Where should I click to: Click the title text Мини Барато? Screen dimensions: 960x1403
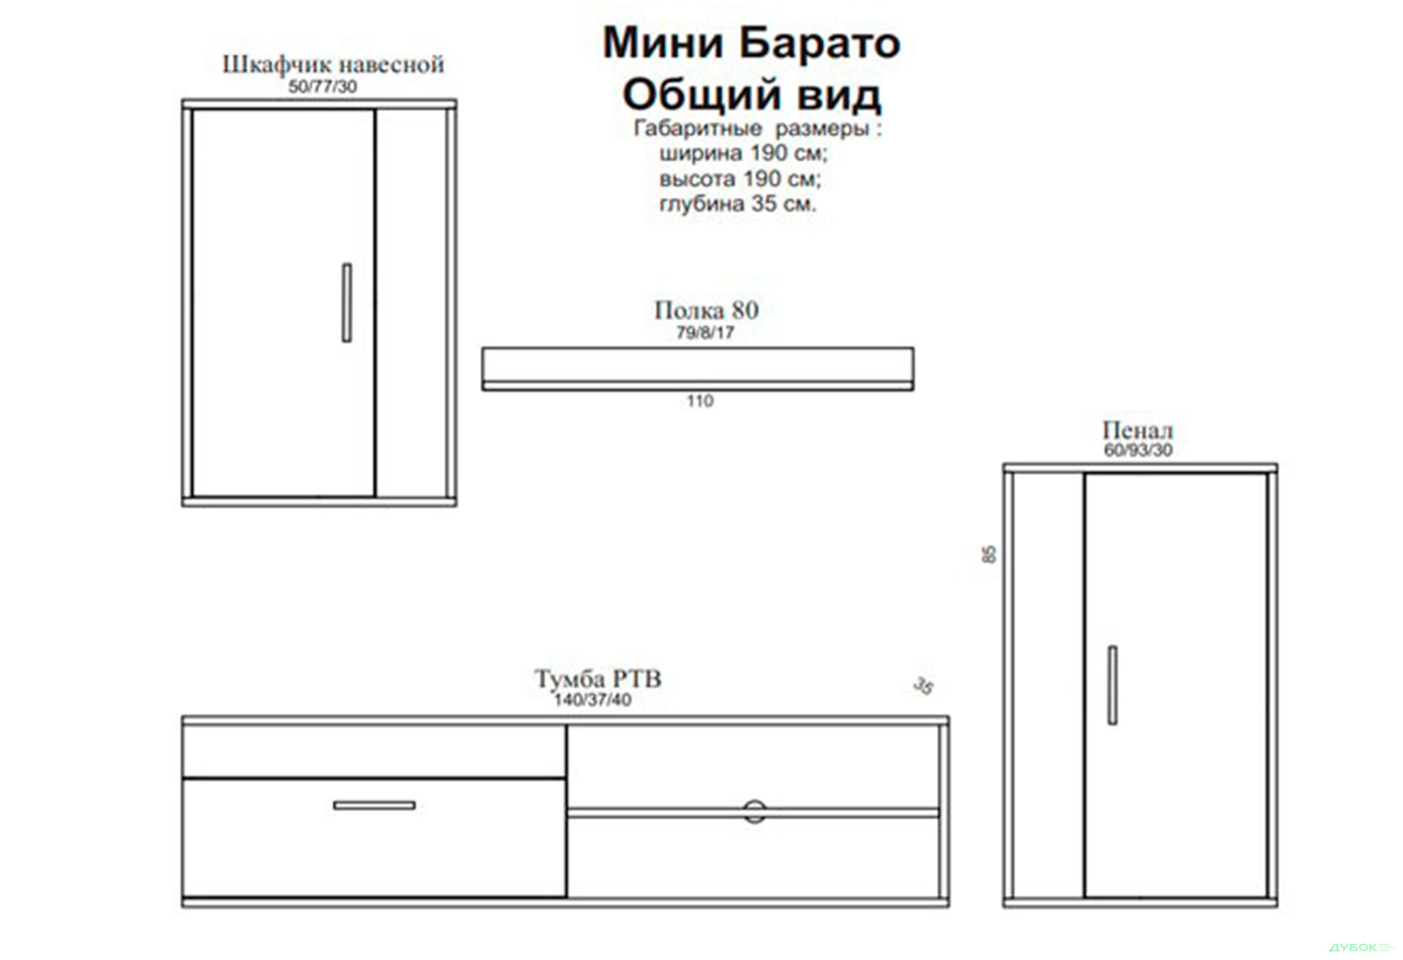click(750, 43)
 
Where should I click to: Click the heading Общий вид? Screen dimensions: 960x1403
click(751, 95)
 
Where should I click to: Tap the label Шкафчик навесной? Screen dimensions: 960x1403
click(332, 64)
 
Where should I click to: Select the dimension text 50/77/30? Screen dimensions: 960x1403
click(322, 87)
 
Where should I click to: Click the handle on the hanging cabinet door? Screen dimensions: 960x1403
click(346, 302)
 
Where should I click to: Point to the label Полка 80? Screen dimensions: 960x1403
click(706, 311)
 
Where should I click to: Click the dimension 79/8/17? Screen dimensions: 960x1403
click(704, 333)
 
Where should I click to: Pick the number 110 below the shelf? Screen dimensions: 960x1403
click(699, 401)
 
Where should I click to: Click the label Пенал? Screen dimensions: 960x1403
click(1137, 430)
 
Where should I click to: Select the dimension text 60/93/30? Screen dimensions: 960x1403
click(1138, 450)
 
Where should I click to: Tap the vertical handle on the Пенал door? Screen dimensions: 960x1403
click(1111, 685)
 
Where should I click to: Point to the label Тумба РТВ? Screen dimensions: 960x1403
click(598, 679)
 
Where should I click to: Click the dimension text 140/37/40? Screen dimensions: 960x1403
click(592, 700)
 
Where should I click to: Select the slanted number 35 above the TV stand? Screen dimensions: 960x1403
click(924, 686)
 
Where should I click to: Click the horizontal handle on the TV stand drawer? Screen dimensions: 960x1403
click(374, 805)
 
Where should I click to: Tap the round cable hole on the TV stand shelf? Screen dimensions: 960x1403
click(754, 811)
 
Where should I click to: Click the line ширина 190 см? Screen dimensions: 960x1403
click(742, 153)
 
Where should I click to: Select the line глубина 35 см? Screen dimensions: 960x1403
click(737, 204)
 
